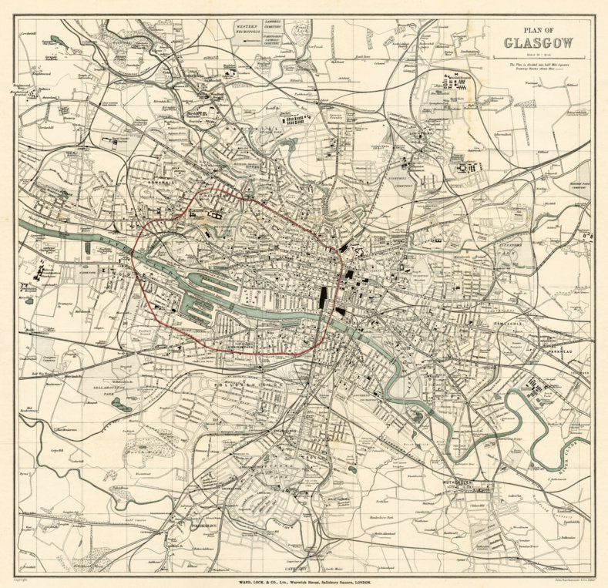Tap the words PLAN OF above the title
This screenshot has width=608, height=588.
coord(536,29)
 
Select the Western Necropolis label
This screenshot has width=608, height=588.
coord(250,29)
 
